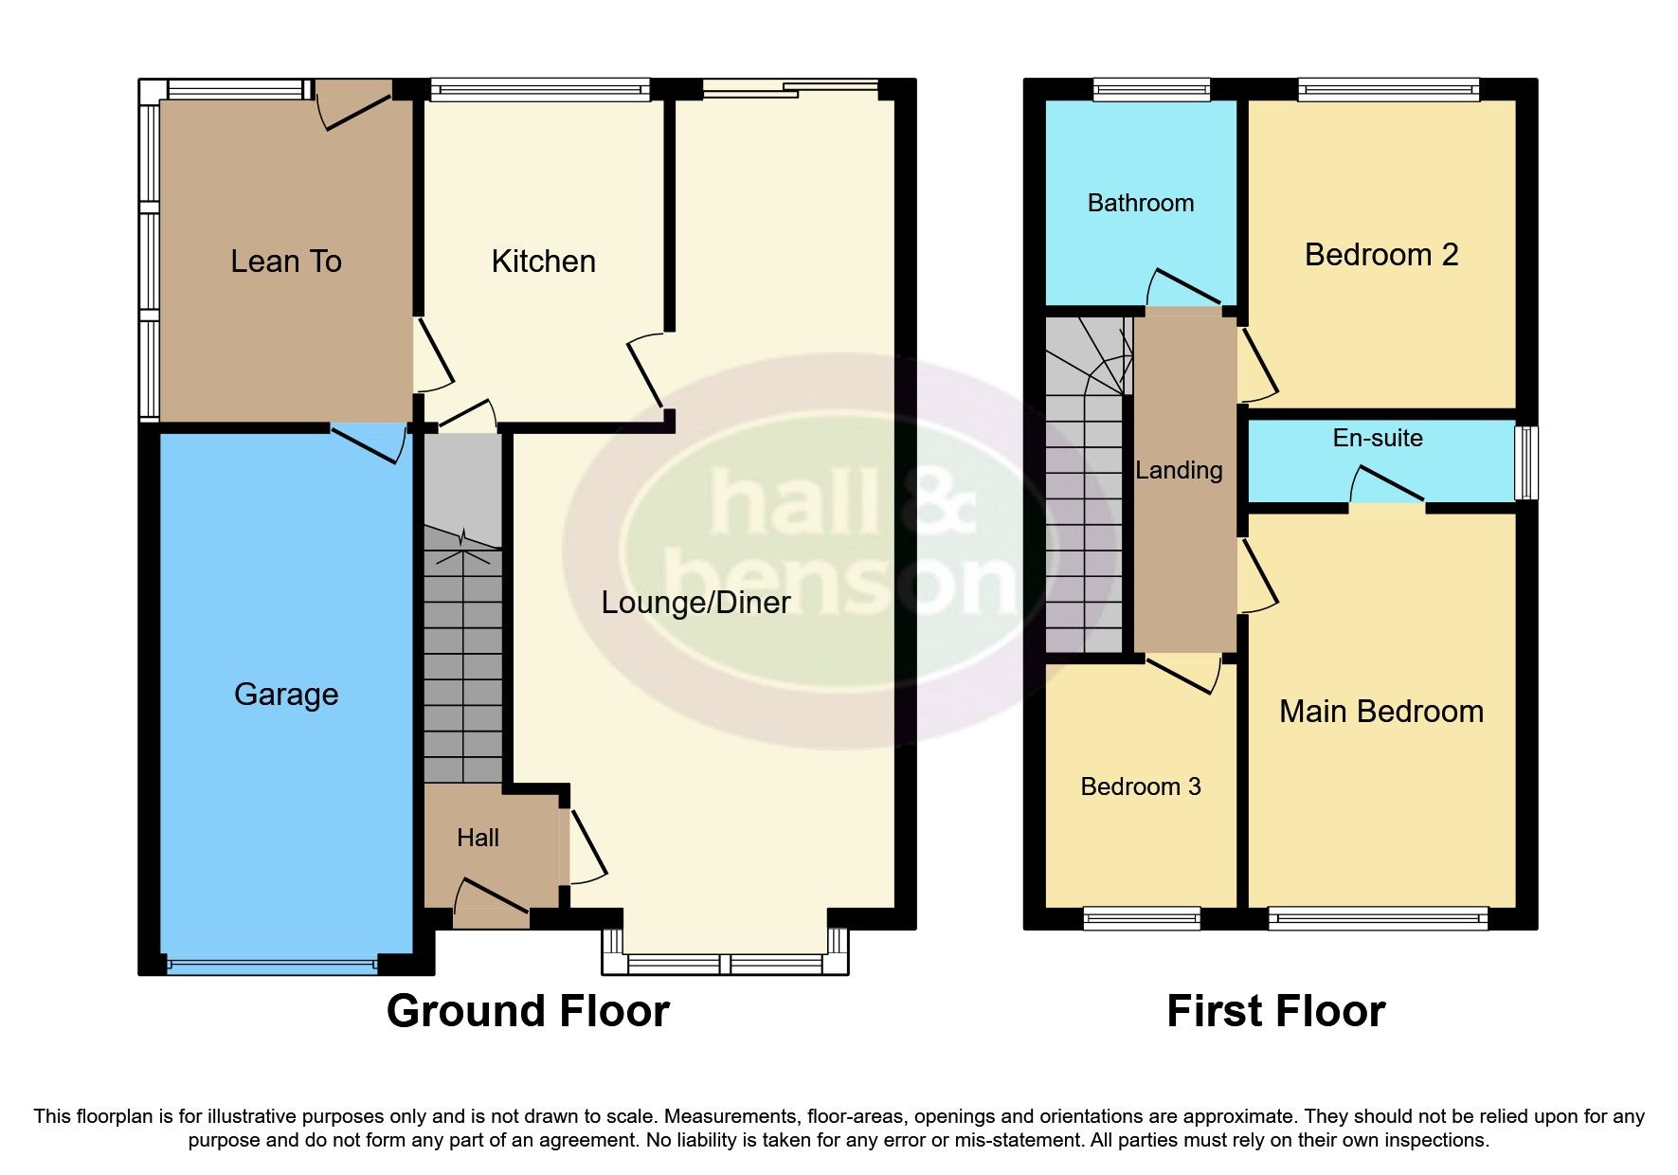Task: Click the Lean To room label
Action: point(285,262)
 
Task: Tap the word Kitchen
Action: point(543,262)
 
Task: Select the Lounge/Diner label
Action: point(695,603)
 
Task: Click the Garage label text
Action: point(285,695)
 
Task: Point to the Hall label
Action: point(478,838)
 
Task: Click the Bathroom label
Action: point(1140,203)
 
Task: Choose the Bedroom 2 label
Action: point(1380,255)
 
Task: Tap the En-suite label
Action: point(1377,438)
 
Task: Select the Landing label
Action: point(1179,470)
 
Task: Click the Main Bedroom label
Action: point(1380,712)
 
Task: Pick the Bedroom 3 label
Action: point(1140,786)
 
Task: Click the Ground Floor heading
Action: point(528,1011)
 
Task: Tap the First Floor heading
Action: point(1275,1011)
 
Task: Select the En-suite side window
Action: point(1525,462)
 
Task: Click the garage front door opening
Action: point(272,966)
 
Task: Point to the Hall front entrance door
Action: point(491,916)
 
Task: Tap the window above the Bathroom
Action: point(1151,90)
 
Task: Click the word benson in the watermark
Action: point(839,578)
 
